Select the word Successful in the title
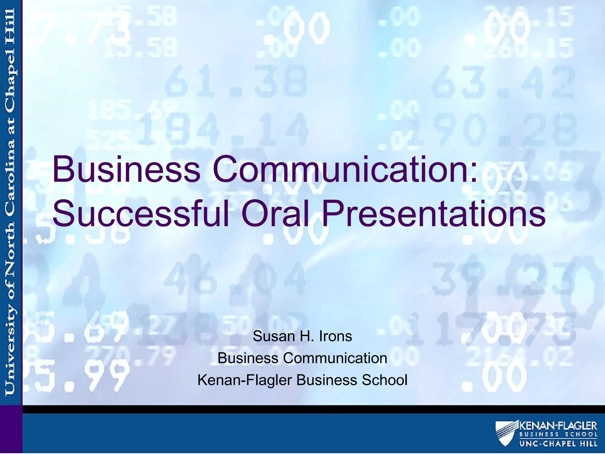click(x=141, y=213)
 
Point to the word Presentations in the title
click(x=434, y=213)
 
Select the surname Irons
click(x=336, y=336)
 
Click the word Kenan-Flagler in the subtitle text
click(x=245, y=380)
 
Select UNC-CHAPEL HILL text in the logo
click(x=558, y=444)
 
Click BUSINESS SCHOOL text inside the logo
click(x=558, y=434)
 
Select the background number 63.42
click(x=502, y=83)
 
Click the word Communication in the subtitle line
click(x=335, y=358)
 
